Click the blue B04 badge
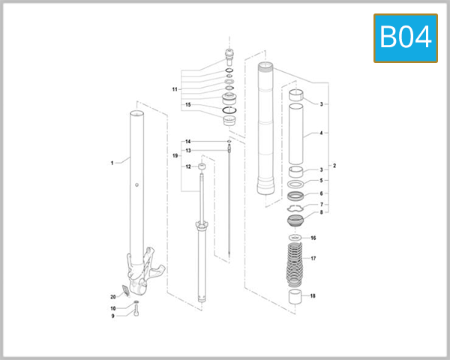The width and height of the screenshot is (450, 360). click(x=405, y=37)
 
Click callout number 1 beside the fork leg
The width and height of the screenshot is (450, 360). click(x=112, y=162)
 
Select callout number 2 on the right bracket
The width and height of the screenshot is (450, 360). click(x=334, y=165)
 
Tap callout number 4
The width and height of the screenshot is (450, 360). click(x=321, y=133)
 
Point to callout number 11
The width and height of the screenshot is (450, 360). click(x=174, y=89)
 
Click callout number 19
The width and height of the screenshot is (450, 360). click(x=174, y=156)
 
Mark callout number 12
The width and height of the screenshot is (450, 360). click(x=188, y=166)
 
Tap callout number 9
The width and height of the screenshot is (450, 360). click(x=113, y=316)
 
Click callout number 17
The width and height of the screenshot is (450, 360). click(x=313, y=259)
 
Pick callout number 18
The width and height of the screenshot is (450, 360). click(x=313, y=295)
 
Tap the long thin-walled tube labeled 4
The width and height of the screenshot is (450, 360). click(x=297, y=133)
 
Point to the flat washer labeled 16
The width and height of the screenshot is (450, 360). click(x=295, y=238)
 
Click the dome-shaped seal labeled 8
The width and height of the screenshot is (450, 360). click(x=296, y=220)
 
